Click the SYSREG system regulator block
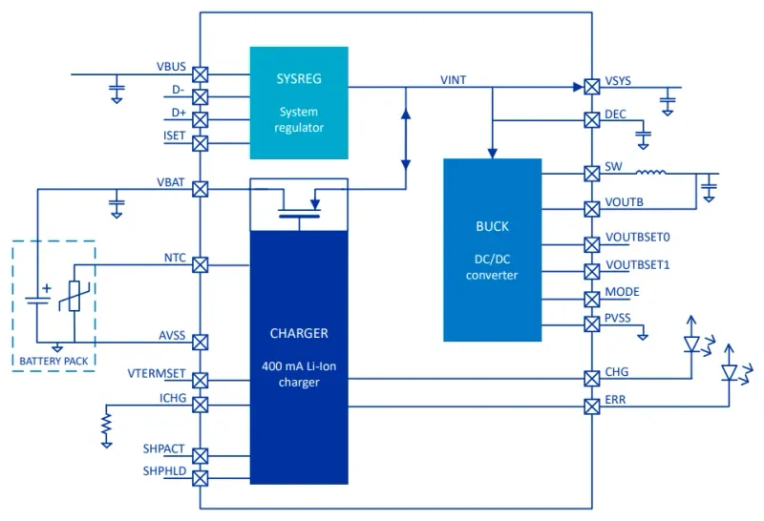pos(298,102)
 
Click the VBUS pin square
pos(201,73)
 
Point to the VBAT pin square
pos(201,188)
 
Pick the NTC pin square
pos(201,265)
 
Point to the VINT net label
pos(454,80)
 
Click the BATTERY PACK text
pos(53,361)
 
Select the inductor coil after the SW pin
pos(651,173)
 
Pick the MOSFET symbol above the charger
pos(298,204)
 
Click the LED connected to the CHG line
pos(692,342)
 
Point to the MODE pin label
pos(622,291)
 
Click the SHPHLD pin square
pos(201,477)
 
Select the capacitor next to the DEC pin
pos(642,136)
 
